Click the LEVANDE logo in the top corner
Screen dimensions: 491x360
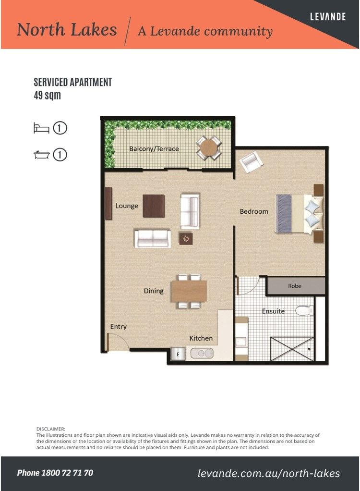328,16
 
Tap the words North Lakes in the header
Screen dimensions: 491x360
67,30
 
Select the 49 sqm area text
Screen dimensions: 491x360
47,95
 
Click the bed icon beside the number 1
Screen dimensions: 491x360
41,128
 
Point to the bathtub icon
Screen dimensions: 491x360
41,155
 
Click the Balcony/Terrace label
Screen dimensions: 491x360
154,149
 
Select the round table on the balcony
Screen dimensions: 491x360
209,148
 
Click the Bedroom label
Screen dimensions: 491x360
254,211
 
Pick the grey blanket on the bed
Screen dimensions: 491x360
284,213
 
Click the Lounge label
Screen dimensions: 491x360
127,206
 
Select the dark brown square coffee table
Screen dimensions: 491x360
154,206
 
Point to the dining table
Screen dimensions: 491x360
189,291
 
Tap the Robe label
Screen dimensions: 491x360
295,286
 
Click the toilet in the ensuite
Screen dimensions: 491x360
304,311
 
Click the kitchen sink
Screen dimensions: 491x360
203,354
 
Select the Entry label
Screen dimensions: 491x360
118,327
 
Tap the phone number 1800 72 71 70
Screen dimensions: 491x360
55,473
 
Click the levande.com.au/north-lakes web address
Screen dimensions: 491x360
268,473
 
